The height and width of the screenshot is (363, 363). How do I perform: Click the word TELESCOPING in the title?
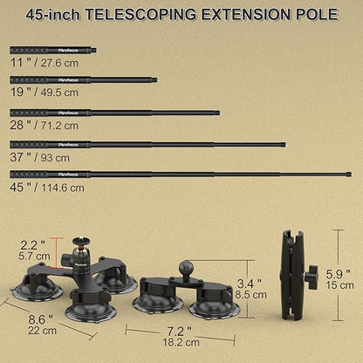click(x=140, y=15)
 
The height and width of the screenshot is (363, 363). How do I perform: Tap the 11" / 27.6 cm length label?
click(x=45, y=63)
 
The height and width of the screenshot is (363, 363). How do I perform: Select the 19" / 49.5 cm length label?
click(x=45, y=92)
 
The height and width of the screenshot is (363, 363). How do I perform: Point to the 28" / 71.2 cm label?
click(x=45, y=126)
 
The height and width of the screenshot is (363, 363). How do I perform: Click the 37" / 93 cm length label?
click(x=40, y=158)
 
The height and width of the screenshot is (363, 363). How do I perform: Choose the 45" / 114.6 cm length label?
click(x=47, y=188)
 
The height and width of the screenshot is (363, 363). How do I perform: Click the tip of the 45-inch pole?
click(x=350, y=175)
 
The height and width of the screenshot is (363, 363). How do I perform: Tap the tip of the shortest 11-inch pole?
click(x=96, y=51)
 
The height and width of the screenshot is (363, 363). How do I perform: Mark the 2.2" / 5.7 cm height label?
click(x=34, y=250)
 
